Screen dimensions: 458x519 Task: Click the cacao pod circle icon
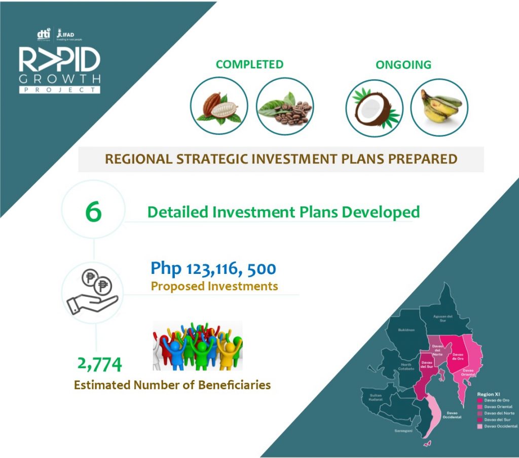pos(219,106)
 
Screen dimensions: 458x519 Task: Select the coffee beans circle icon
pos(285,106)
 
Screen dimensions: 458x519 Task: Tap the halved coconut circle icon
pos(374,108)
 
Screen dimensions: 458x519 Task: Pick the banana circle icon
pos(439,108)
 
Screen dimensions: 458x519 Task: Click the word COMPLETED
pos(249,64)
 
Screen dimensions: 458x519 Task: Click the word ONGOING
pos(403,65)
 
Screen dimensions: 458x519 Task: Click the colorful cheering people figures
pos(198,346)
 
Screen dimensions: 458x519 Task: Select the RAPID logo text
pos(59,60)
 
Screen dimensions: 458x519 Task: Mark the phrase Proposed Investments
pos(214,286)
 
